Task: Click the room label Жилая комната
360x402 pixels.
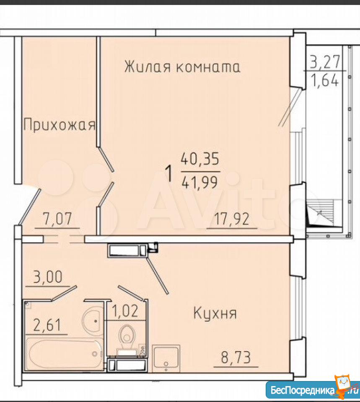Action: coord(182,67)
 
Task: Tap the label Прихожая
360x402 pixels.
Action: coord(59,126)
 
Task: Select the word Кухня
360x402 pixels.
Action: coord(215,314)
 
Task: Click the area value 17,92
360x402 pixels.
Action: coord(232,219)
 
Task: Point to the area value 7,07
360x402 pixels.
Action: coord(57,219)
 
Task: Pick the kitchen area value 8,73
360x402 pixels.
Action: coord(236,357)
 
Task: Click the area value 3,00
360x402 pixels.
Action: coord(48,277)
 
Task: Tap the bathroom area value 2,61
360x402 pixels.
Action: coord(47,325)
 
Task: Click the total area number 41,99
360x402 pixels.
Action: coord(199,183)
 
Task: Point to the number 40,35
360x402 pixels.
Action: coord(200,159)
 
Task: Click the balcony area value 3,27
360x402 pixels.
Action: coord(325,62)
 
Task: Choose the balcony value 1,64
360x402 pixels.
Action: coord(325,80)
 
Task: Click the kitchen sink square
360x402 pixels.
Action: coord(166,358)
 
